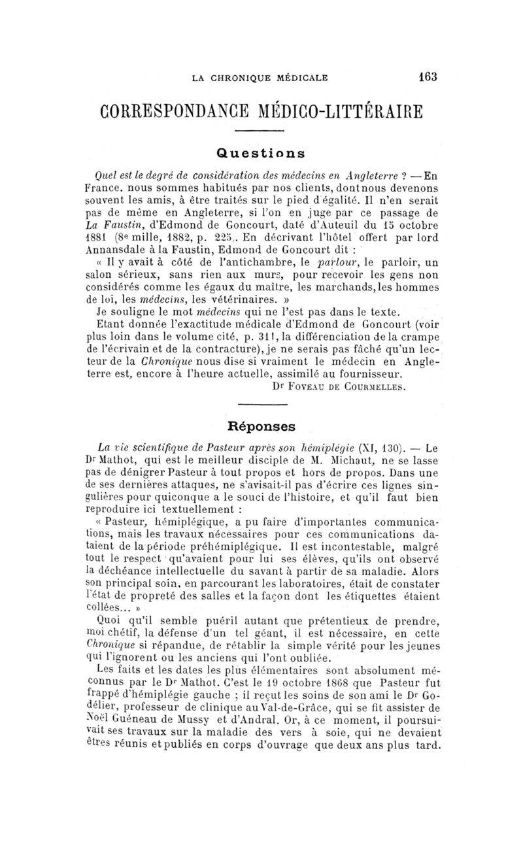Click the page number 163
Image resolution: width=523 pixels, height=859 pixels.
point(428,76)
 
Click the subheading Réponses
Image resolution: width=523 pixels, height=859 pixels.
point(261,426)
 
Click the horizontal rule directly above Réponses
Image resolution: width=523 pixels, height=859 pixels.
point(261,405)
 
